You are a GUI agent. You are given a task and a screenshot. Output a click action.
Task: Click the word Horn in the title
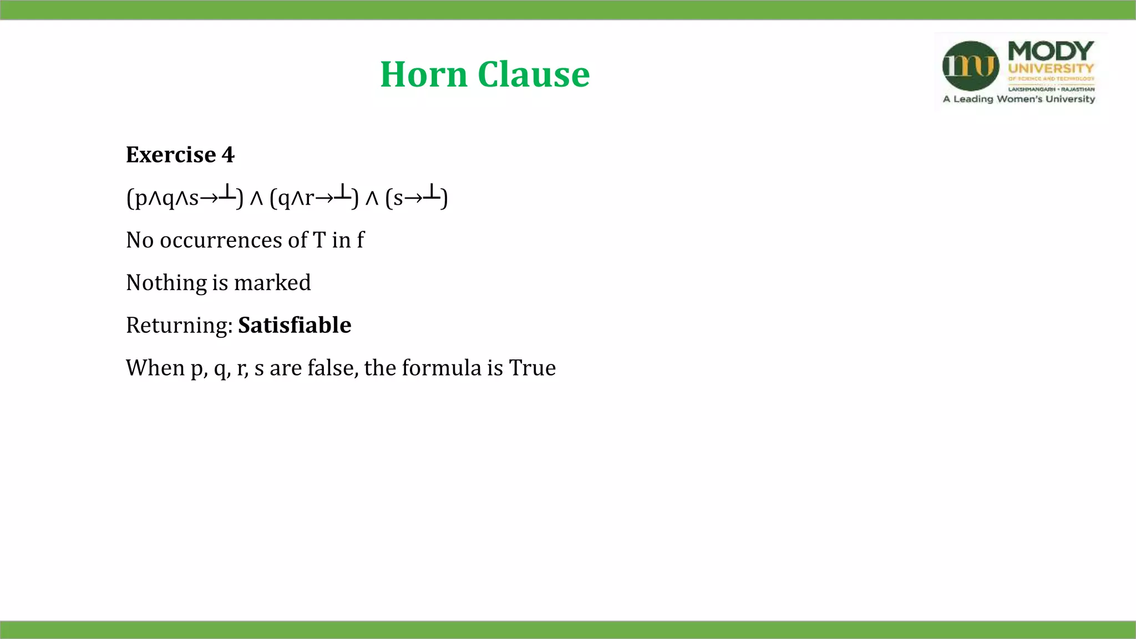(x=424, y=74)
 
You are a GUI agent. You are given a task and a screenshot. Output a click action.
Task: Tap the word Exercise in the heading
(x=171, y=155)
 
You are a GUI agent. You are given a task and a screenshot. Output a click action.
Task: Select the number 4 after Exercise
(x=228, y=155)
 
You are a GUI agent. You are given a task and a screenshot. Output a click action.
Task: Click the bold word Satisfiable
(x=295, y=325)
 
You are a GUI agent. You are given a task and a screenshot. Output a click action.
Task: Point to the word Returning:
(x=179, y=326)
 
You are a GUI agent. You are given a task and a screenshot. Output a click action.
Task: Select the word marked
(x=272, y=283)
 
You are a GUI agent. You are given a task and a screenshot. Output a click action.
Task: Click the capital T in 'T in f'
(x=319, y=240)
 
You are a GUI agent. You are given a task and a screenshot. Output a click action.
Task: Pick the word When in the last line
(x=155, y=368)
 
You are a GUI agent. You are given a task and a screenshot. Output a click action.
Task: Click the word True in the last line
(x=532, y=368)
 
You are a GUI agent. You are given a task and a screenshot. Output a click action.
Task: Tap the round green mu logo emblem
(x=971, y=66)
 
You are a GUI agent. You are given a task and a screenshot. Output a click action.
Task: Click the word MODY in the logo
(x=1051, y=52)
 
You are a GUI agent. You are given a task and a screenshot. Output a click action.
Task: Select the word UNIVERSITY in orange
(x=1051, y=69)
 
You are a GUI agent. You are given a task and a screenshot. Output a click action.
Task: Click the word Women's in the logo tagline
(x=1020, y=99)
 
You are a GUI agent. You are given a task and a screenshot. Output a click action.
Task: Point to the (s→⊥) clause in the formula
(x=417, y=197)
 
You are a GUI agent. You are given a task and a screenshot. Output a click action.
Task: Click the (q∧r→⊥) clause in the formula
(x=314, y=197)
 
